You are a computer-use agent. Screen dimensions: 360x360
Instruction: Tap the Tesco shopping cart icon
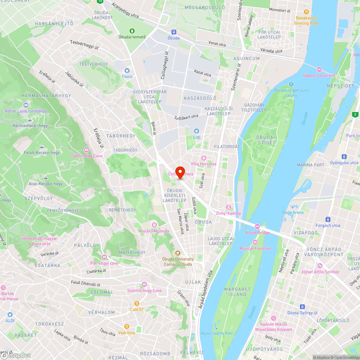(x=127, y=71)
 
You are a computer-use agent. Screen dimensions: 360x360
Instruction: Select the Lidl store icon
(x=196, y=131)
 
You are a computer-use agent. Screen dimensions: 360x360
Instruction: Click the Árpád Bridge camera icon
(x=257, y=226)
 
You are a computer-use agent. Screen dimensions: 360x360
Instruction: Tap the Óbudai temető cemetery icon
(x=132, y=31)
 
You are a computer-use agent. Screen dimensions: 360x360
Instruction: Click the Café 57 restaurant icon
(x=137, y=303)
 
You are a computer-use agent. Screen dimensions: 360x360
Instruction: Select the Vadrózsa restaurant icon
(x=126, y=327)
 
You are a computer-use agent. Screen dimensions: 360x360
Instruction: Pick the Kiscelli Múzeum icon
(x=154, y=225)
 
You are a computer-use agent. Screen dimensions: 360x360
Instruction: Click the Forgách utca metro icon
(x=328, y=220)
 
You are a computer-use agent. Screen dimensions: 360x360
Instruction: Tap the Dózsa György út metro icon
(x=302, y=307)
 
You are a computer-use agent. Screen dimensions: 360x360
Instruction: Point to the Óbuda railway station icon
(x=174, y=32)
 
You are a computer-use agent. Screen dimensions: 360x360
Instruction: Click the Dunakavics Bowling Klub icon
(x=306, y=12)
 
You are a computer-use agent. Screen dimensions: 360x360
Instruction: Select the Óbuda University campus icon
(x=178, y=253)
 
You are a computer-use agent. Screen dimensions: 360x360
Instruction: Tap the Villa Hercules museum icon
(x=203, y=158)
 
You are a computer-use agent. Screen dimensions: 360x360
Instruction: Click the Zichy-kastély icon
(x=228, y=207)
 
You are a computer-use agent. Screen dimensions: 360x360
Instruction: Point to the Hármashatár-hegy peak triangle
(x=30, y=120)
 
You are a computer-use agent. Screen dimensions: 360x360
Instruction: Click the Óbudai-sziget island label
(x=266, y=140)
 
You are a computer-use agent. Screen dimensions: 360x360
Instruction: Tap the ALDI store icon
(x=10, y=314)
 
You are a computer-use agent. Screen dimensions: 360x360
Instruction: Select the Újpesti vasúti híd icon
(x=319, y=69)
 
